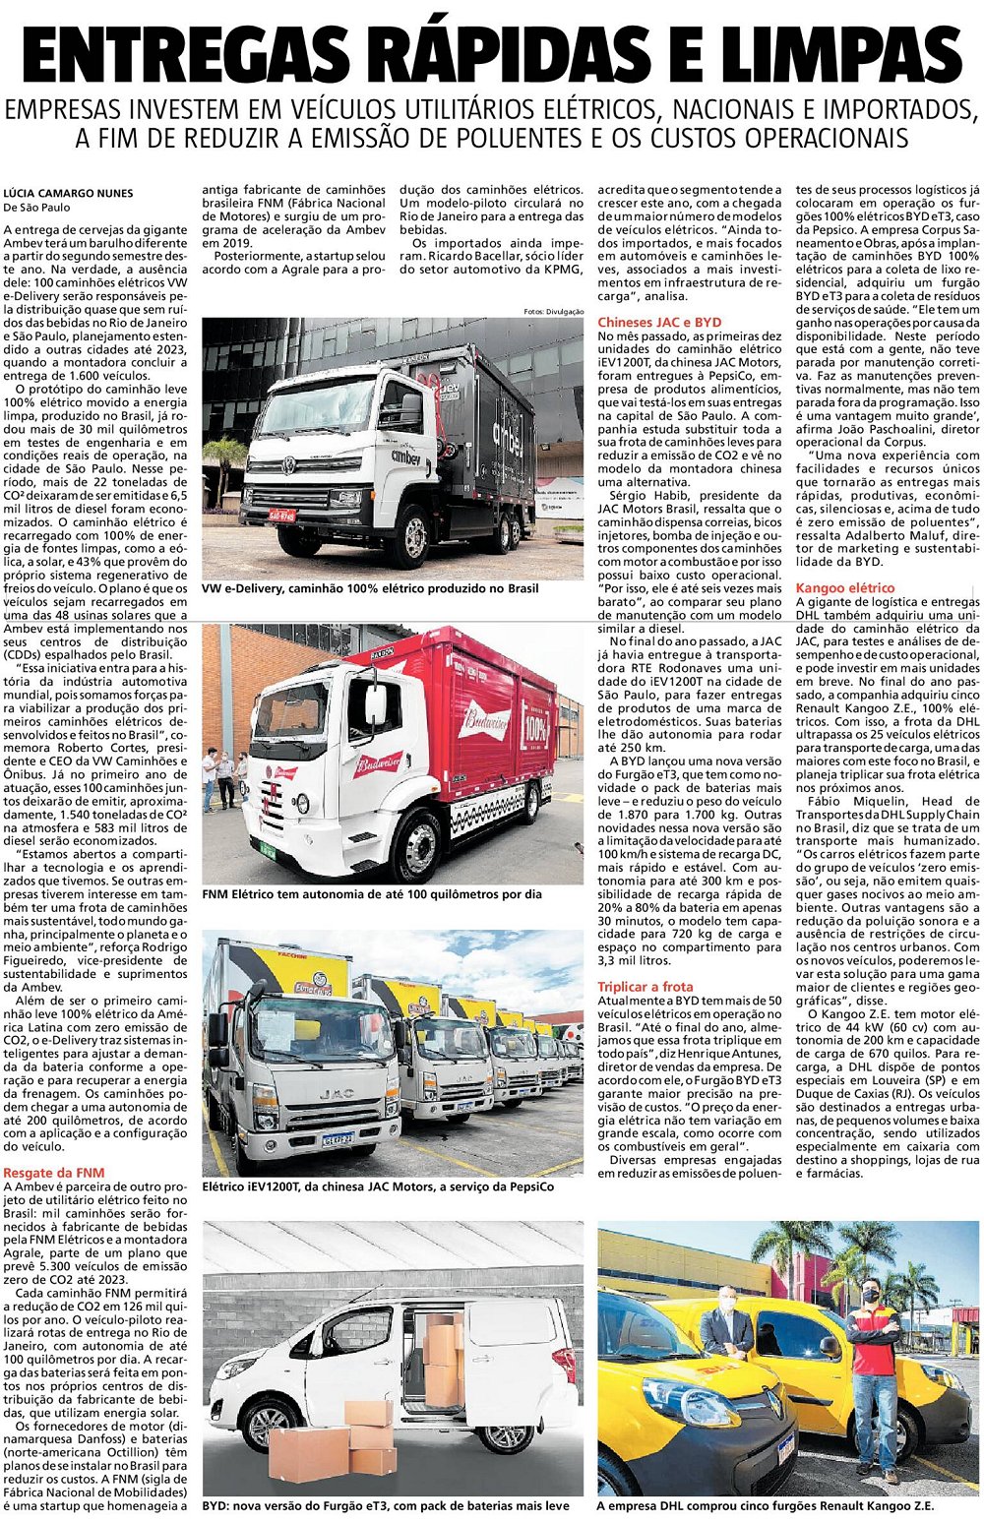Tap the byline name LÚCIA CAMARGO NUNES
pyautogui.click(x=68, y=193)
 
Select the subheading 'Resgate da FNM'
pyautogui.click(x=53, y=1173)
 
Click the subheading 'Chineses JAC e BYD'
pyautogui.click(x=658, y=322)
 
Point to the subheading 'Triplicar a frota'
pyautogui.click(x=645, y=986)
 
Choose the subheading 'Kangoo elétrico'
pyautogui.click(x=844, y=587)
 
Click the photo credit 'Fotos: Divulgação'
pyautogui.click(x=553, y=312)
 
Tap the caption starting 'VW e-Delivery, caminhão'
pyautogui.click(x=370, y=588)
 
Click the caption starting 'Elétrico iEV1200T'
pyautogui.click(x=378, y=1187)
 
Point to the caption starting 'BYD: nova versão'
pyautogui.click(x=386, y=1505)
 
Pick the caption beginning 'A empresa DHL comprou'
pyautogui.click(x=765, y=1505)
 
